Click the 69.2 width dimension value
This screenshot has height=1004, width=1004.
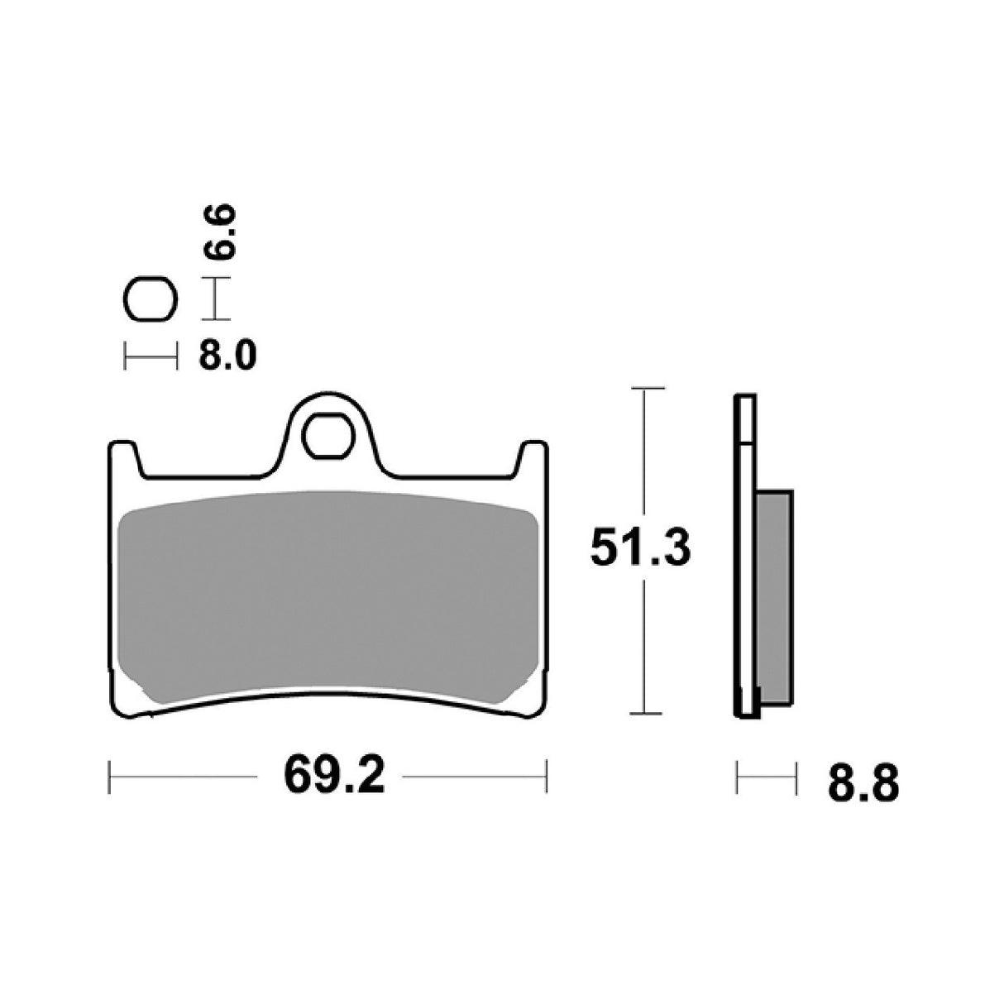[x=334, y=774]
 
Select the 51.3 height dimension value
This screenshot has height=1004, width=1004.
[x=640, y=548]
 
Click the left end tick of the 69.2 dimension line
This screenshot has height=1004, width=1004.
[x=110, y=776]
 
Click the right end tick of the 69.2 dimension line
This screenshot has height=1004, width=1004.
[x=546, y=776]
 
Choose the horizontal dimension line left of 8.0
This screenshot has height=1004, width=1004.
[x=150, y=357]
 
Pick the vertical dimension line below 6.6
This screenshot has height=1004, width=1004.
[x=215, y=299]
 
